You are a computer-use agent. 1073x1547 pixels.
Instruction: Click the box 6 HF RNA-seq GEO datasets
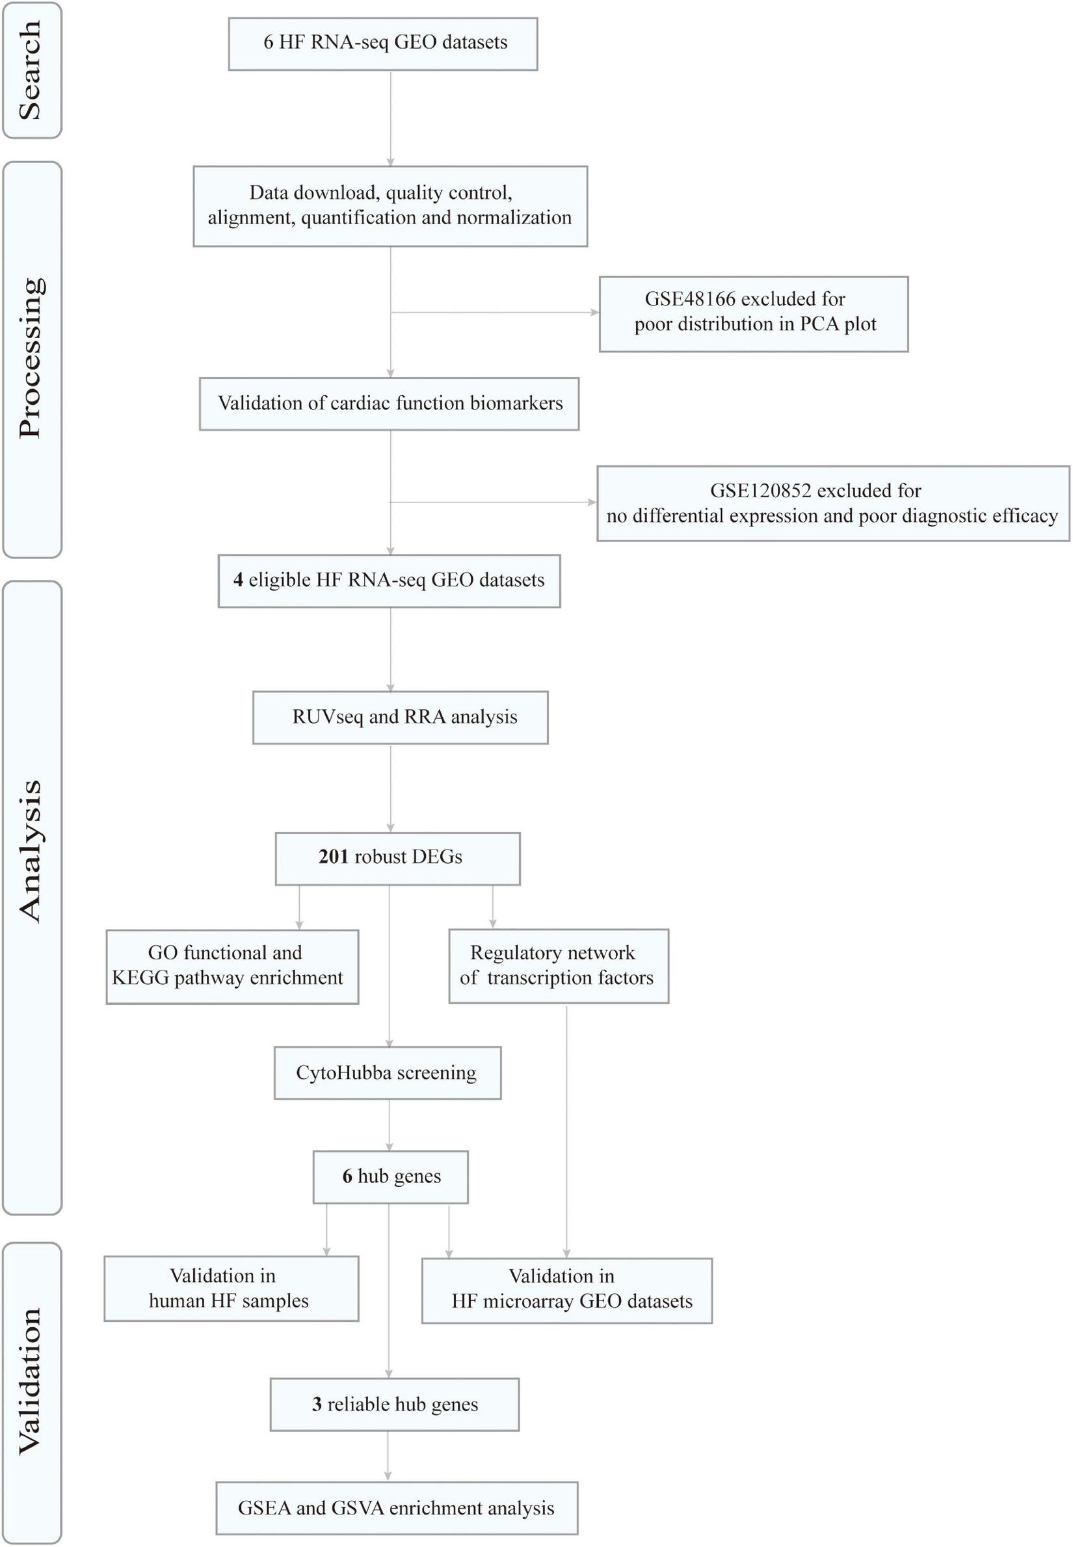click(382, 44)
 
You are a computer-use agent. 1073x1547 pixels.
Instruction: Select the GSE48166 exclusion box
click(753, 313)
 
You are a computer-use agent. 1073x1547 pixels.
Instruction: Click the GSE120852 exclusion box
click(832, 503)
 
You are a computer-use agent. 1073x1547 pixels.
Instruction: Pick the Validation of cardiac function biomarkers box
click(389, 403)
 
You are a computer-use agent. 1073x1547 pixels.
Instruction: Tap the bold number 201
click(333, 857)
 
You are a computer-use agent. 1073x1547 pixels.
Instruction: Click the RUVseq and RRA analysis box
click(400, 717)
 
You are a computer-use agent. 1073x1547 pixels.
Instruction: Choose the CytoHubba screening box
click(387, 1072)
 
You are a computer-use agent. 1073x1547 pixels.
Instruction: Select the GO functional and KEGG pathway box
click(232, 966)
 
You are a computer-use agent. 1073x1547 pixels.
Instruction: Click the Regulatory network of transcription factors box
click(558, 966)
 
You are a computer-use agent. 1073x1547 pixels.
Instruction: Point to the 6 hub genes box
click(390, 1176)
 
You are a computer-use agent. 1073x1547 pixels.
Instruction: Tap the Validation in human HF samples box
click(231, 1288)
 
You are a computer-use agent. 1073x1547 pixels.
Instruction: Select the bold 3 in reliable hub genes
click(317, 1405)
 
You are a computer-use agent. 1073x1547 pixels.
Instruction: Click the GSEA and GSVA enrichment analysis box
click(396, 1508)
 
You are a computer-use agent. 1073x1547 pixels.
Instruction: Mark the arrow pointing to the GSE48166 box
click(593, 313)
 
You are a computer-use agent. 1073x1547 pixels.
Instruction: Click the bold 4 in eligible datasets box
click(238, 580)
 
